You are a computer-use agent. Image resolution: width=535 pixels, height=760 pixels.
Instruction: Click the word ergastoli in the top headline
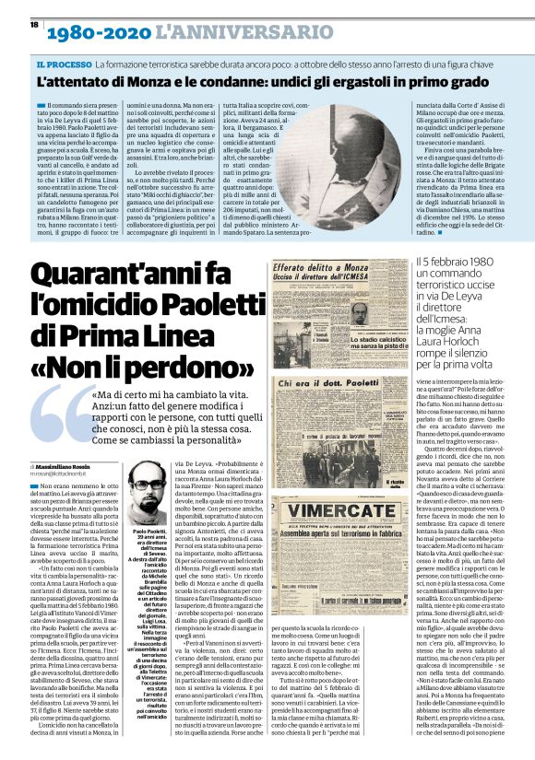click(x=367, y=85)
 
